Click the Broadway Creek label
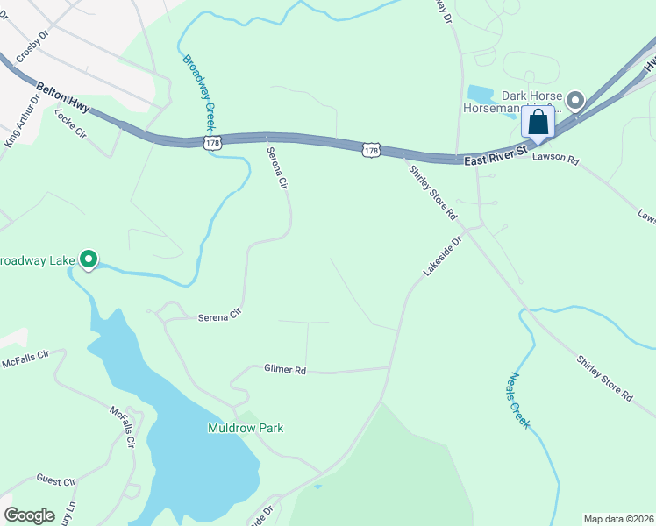198,93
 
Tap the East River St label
494,155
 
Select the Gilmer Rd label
284,371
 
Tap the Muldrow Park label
246,428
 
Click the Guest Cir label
56,480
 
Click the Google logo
29,515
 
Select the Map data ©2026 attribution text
618,519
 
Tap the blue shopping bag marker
538,121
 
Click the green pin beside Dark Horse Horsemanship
575,101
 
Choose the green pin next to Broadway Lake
88,259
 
